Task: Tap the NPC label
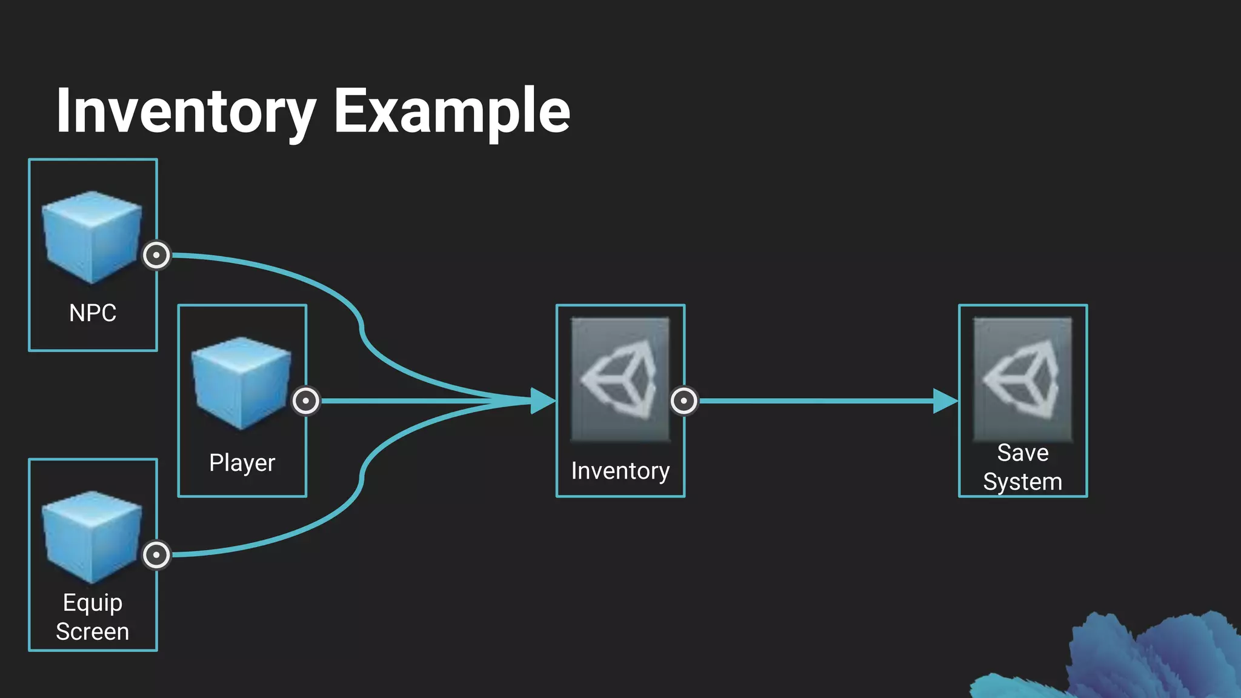click(93, 313)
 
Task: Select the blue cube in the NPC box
click(91, 237)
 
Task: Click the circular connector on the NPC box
click(156, 255)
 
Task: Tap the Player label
click(242, 463)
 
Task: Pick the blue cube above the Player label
click(241, 383)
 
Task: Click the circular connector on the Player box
click(306, 401)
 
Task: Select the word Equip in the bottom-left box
click(93, 603)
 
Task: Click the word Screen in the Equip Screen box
click(93, 632)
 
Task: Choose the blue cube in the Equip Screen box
click(91, 537)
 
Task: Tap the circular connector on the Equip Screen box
click(156, 554)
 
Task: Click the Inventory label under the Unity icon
click(620, 471)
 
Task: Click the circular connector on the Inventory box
click(684, 401)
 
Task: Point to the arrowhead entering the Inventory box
click(542, 401)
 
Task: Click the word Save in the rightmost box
click(1023, 453)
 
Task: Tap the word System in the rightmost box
click(1023, 482)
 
